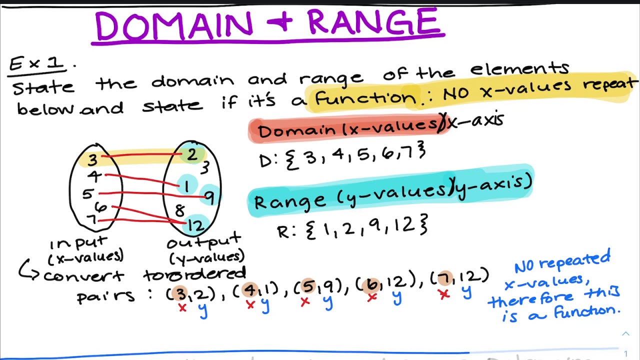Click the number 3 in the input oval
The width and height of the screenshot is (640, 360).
[x=92, y=159]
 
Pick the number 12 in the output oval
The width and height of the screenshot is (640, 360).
[x=195, y=226]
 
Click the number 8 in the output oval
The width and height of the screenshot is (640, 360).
[x=179, y=210]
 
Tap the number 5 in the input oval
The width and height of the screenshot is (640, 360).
[x=88, y=194]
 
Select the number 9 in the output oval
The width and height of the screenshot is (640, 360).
[x=209, y=198]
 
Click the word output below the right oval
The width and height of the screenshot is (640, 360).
[x=204, y=243]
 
